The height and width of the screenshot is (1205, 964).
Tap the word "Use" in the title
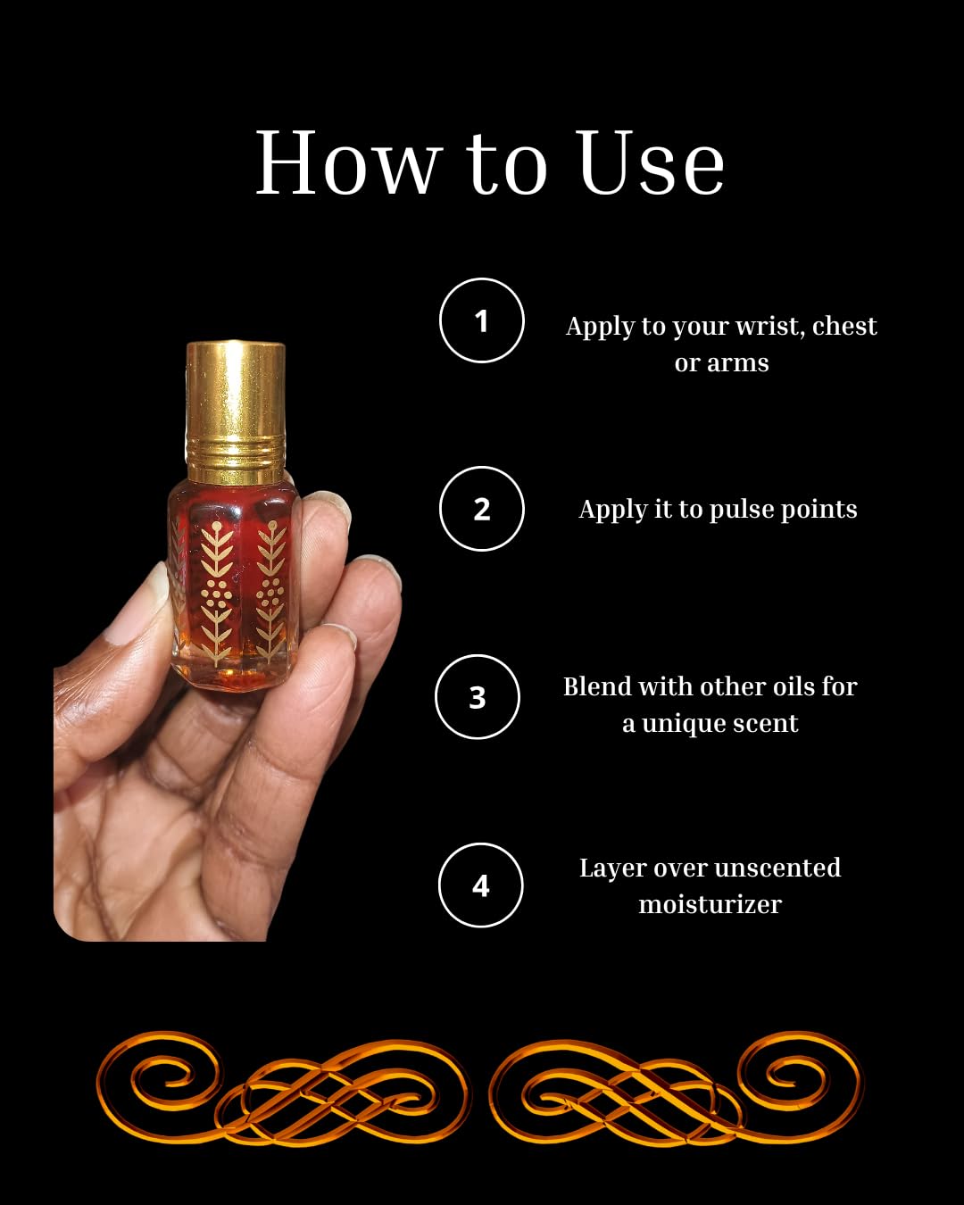click(651, 164)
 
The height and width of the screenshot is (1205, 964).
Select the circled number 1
click(481, 320)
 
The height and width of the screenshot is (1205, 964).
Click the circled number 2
click(481, 509)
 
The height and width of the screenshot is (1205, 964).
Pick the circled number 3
click(478, 697)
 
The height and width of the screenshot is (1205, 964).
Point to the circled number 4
click(480, 885)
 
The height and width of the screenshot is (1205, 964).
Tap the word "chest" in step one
click(844, 327)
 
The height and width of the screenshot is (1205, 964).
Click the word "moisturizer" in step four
click(710, 904)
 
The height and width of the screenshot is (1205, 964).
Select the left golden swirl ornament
click(283, 1089)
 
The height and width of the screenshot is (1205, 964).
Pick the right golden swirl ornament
click(676, 1089)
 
